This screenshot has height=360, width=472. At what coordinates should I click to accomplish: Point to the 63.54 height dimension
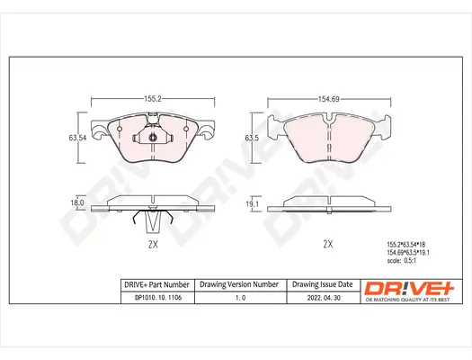coord(76,138)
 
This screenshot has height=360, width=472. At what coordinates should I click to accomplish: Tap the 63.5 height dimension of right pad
coord(251,138)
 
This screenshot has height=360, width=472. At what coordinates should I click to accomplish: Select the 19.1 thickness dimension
coord(253,204)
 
